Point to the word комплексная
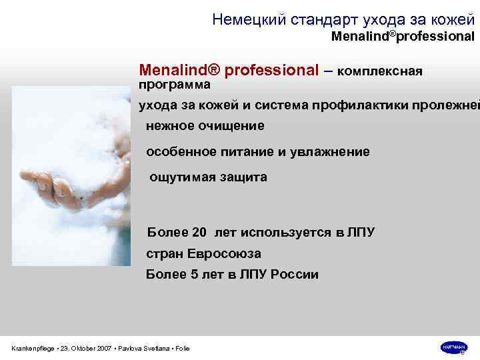381,71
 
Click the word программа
174,85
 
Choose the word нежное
171,125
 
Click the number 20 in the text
199,233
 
